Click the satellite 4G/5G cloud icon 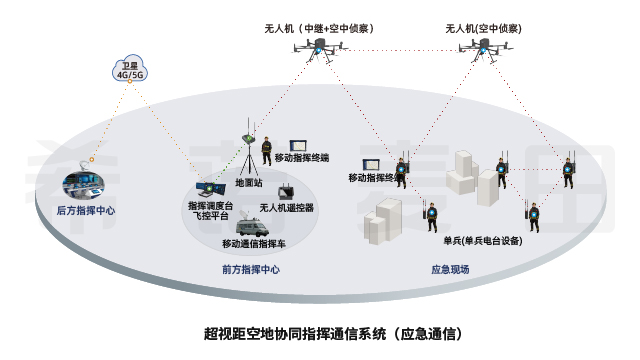tap(127, 69)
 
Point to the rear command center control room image tap(84, 184)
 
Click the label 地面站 tap(248, 184)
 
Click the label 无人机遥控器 tap(287, 208)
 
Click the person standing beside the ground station tap(267, 151)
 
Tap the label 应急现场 tap(450, 269)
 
